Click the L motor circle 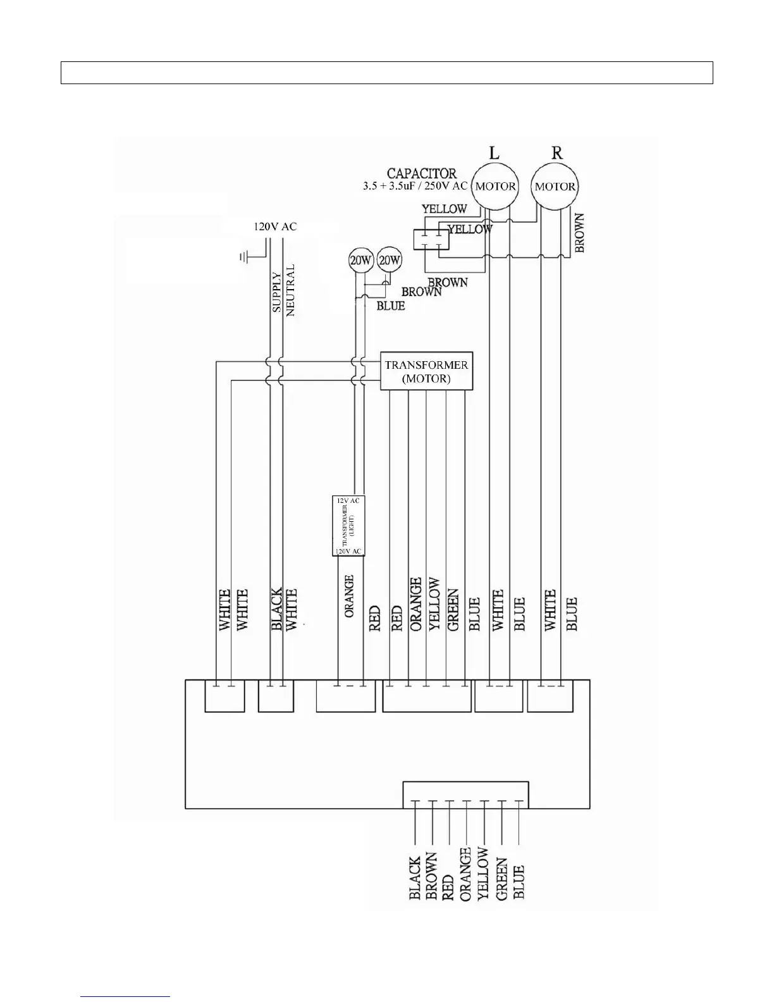click(495, 186)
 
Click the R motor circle click(555, 186)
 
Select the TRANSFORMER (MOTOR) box click(426, 371)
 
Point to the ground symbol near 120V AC click(244, 256)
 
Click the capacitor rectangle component click(430, 240)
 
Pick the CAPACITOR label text click(421, 173)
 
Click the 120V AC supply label click(275, 226)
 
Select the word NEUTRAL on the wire click(290, 290)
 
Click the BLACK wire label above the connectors click(276, 609)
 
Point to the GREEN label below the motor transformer click(453, 610)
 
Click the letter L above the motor click(494, 152)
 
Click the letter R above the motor click(556, 152)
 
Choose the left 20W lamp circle click(360, 260)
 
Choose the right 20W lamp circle click(389, 259)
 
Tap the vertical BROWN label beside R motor click(579, 233)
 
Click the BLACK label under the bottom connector click(415, 878)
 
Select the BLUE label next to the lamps click(390, 306)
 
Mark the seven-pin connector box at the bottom click(465, 795)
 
